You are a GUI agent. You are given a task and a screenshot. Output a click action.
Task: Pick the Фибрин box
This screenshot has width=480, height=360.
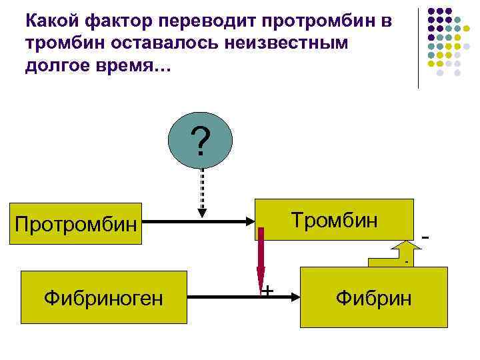click(373, 297)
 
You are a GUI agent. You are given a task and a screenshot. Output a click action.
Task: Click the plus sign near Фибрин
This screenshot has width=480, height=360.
click(267, 290)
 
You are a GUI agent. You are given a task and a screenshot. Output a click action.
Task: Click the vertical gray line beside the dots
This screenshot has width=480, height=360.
click(418, 47)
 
